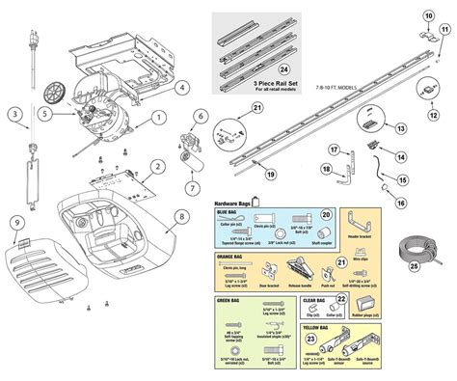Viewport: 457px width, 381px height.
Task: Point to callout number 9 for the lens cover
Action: (x=16, y=224)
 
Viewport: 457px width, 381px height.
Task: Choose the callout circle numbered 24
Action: (x=257, y=68)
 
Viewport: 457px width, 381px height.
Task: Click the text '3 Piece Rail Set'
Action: (x=257, y=85)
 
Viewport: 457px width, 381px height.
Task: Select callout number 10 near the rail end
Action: (x=428, y=15)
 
